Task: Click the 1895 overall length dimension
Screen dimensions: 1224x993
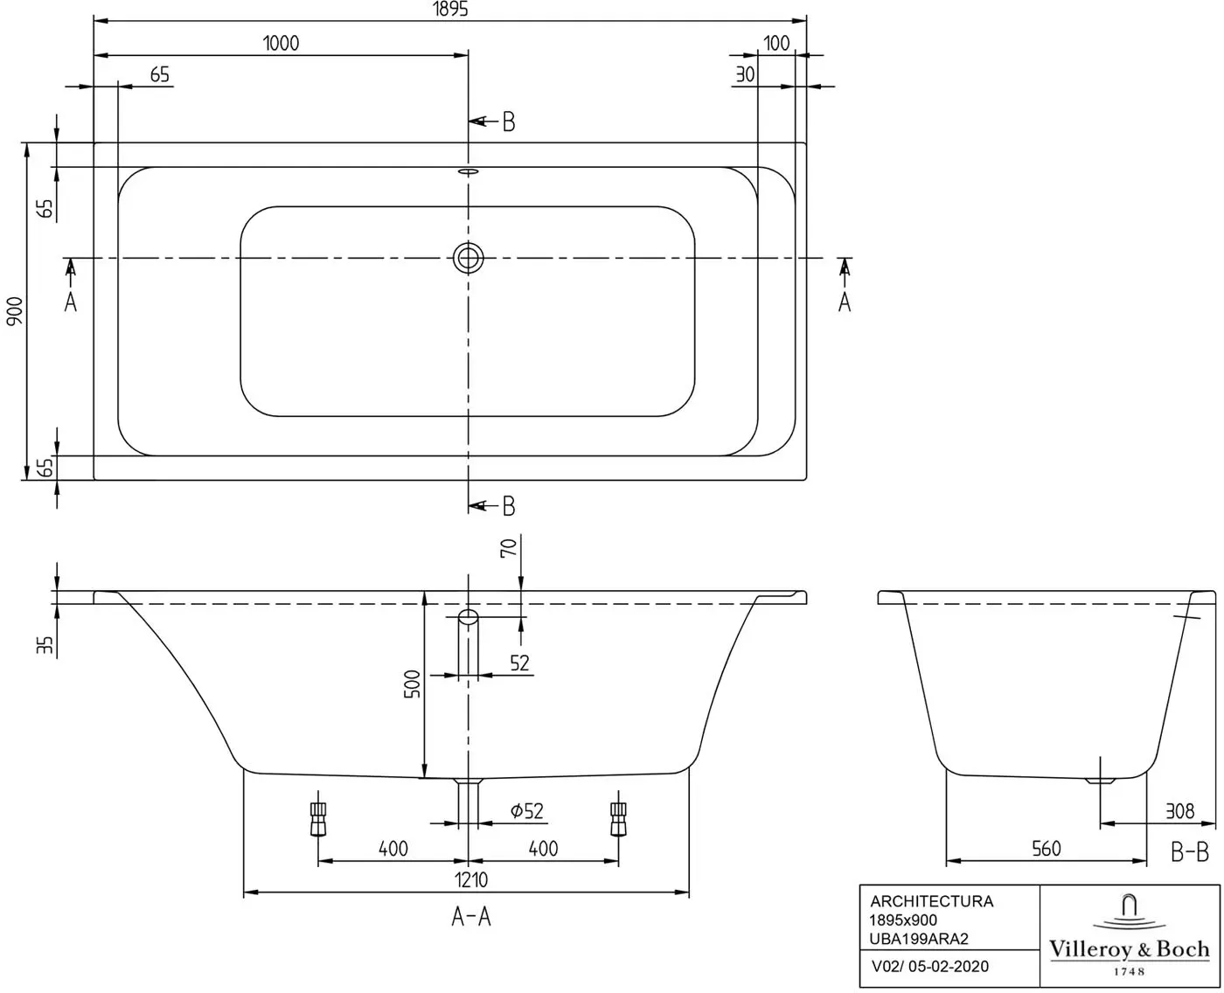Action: [x=450, y=10]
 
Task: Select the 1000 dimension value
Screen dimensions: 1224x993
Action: [x=281, y=43]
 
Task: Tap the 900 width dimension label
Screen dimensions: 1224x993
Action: [x=14, y=311]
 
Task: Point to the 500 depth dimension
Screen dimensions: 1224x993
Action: [x=413, y=684]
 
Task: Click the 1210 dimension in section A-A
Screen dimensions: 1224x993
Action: [x=471, y=879]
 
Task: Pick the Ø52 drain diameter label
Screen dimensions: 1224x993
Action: [x=527, y=811]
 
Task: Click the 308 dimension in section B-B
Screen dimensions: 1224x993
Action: [x=1179, y=811]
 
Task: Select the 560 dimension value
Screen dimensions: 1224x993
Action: [x=1046, y=848]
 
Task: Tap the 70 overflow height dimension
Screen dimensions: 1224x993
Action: [x=509, y=547]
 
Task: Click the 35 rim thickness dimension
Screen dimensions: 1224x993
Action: [x=45, y=645]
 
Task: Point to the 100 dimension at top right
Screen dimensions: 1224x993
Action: [x=776, y=43]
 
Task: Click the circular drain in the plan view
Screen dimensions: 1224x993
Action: [x=469, y=258]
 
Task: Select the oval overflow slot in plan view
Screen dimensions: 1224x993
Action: [x=469, y=171]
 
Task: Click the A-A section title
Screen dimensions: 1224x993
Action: [x=471, y=917]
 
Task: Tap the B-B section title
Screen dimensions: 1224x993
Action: [x=1190, y=852]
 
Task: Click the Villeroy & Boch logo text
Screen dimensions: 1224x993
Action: [x=1130, y=948]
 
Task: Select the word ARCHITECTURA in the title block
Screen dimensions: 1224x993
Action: [x=931, y=901]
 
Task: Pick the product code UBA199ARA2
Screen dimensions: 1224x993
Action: [x=919, y=939]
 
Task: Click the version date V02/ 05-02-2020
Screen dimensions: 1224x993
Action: [x=930, y=966]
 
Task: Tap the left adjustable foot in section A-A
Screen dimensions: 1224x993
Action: [x=317, y=818]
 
